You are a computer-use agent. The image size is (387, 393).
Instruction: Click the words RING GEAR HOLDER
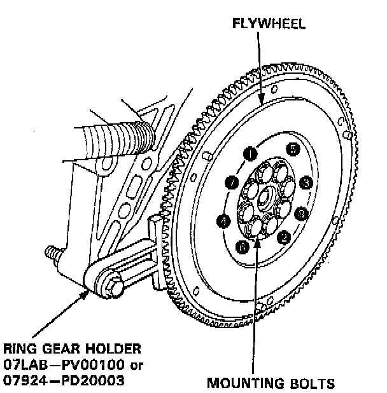(71, 349)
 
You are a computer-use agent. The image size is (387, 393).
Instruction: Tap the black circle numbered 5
(292, 149)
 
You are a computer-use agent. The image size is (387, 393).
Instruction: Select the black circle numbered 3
(307, 183)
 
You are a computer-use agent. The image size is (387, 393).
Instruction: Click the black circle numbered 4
(223, 221)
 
